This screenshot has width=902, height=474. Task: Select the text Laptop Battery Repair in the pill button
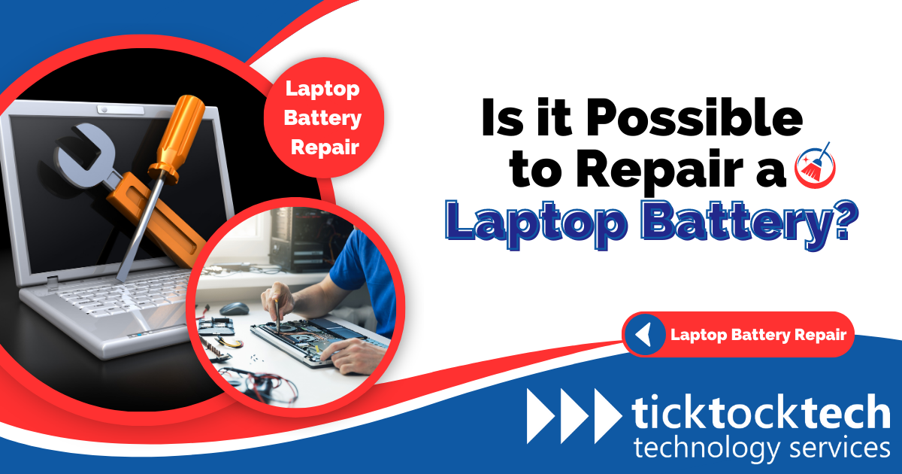[x=758, y=334]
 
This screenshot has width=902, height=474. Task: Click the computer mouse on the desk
[x=235, y=308]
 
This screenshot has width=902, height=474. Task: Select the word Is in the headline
[x=500, y=120]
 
